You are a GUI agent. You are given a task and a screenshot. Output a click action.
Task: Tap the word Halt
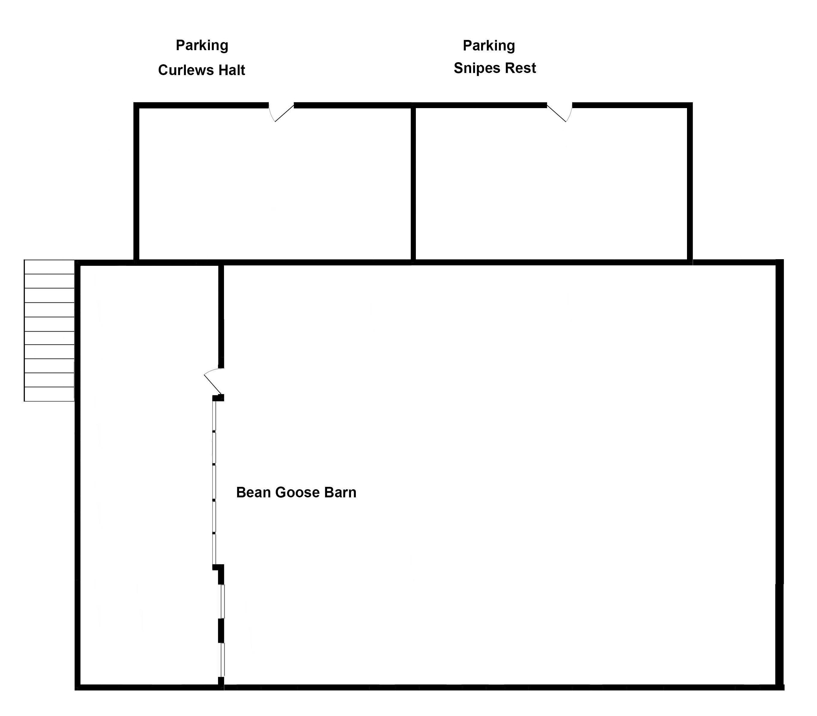pos(231,70)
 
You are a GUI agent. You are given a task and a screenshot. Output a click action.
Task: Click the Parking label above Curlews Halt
pos(202,46)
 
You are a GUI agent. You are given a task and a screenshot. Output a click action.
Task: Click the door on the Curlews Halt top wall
pos(281,112)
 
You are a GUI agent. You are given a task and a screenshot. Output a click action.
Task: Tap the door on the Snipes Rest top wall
pos(559,112)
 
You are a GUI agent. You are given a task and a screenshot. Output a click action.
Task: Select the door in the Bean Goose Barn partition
pos(213,381)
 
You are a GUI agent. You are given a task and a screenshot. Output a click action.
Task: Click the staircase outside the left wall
pos(49,330)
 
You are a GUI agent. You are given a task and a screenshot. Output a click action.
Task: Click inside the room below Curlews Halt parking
pos(274,184)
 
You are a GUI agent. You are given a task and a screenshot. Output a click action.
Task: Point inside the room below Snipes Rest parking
pos(551,184)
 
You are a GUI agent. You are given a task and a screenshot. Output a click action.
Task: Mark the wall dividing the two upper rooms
pos(413,184)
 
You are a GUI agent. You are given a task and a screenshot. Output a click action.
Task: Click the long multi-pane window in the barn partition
pos(214,483)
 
